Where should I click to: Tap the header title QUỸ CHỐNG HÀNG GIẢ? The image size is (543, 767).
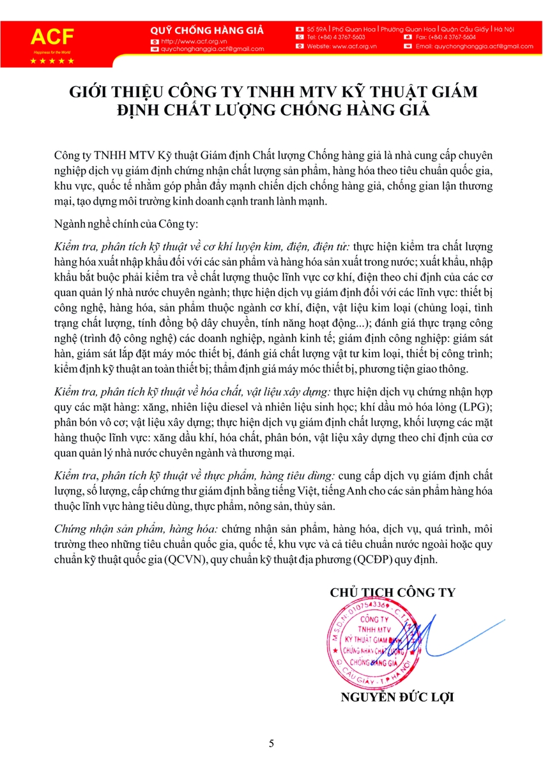coord(206,30)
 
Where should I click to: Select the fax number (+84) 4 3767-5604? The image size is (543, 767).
coord(446,38)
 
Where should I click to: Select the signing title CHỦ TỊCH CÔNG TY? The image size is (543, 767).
coord(392,593)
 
